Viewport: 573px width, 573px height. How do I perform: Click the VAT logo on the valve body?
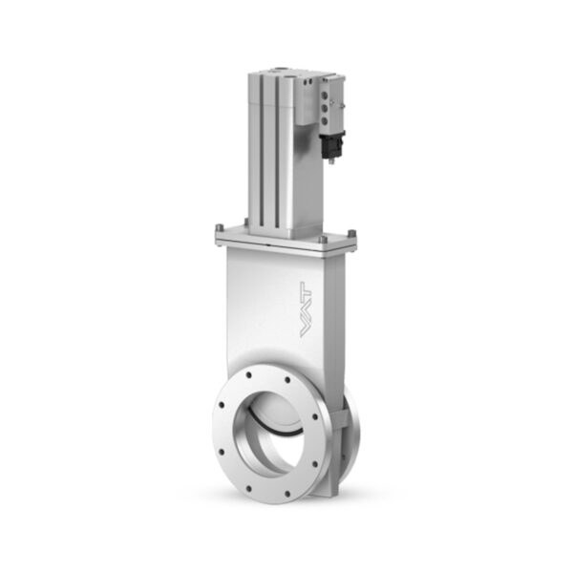tap(306, 309)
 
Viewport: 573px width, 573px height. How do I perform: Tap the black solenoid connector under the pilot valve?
tap(331, 145)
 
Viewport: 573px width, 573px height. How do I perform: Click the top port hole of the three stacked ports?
tap(324, 95)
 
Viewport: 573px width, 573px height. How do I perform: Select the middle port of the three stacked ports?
tap(324, 108)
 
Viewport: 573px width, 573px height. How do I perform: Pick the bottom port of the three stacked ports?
tap(324, 120)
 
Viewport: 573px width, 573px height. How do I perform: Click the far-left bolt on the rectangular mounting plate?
tap(219, 228)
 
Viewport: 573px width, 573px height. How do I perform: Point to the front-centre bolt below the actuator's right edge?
tap(323, 240)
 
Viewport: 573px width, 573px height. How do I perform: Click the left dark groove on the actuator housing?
tap(262, 154)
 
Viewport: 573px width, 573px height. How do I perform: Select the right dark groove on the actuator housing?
tap(277, 154)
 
